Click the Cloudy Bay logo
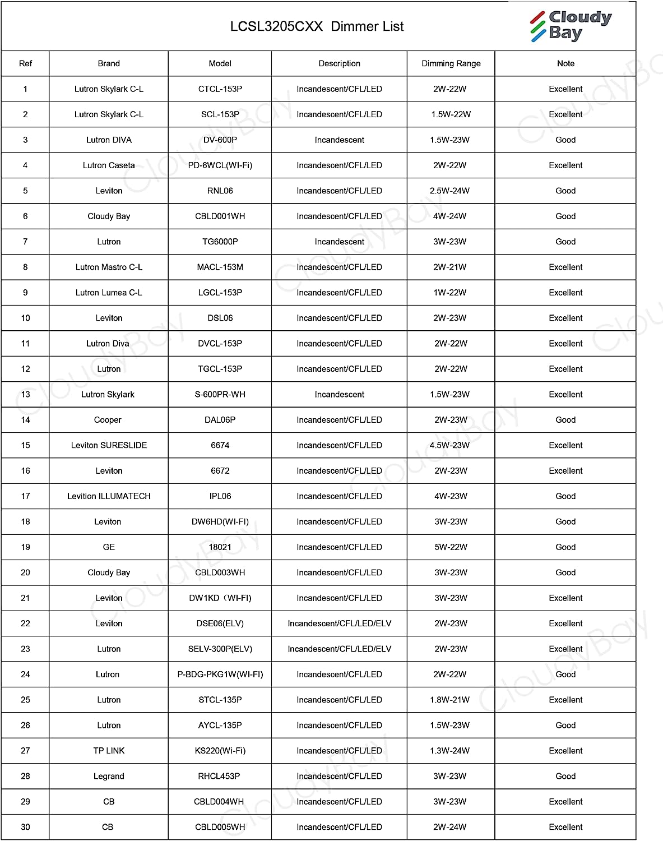click(571, 26)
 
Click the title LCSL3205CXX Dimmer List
click(317, 26)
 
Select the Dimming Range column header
click(451, 63)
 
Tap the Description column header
click(339, 63)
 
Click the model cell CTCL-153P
click(220, 89)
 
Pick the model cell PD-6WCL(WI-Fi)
click(220, 165)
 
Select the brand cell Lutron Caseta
click(109, 165)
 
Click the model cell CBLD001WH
click(220, 216)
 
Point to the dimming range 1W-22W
click(449, 293)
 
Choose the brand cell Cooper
click(108, 420)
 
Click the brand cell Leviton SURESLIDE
click(109, 445)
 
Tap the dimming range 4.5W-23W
click(449, 445)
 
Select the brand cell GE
click(109, 547)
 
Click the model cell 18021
click(220, 547)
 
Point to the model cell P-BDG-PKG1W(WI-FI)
click(220, 674)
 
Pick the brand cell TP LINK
click(109, 751)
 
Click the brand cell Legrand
click(109, 777)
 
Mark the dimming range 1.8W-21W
click(449, 700)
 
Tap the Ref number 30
click(25, 827)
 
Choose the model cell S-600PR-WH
click(220, 395)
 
